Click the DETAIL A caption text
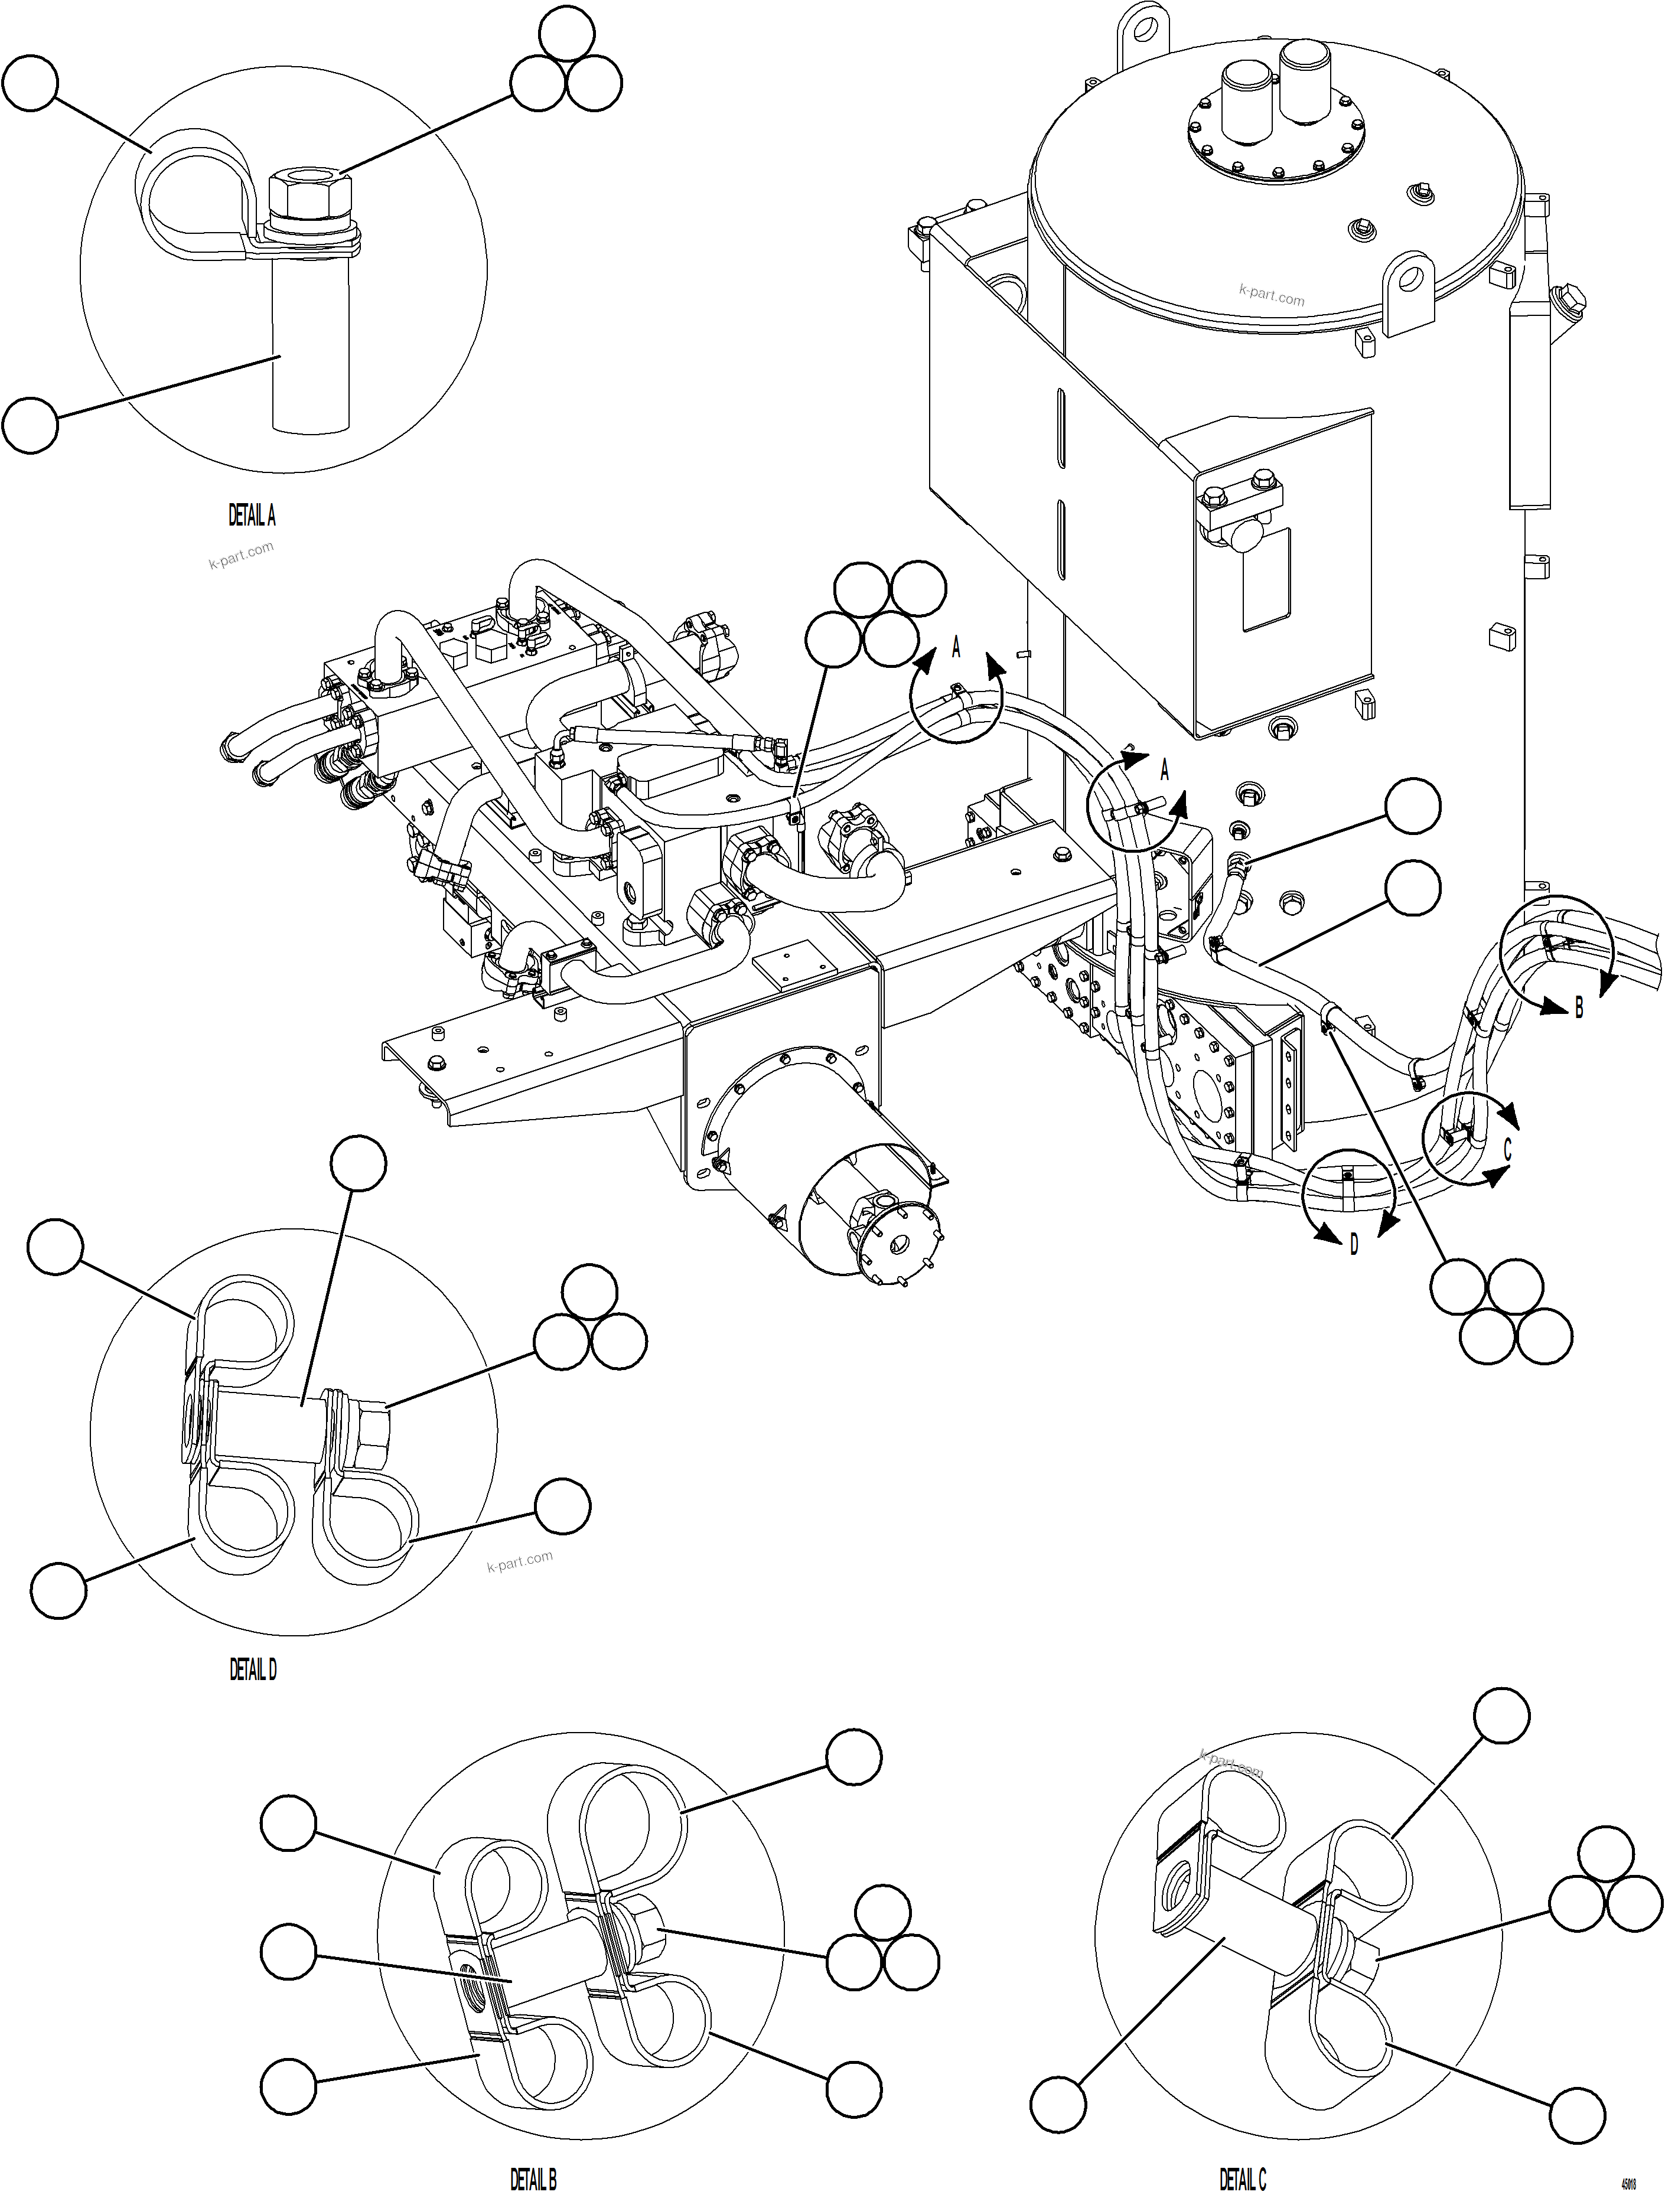pos(252,516)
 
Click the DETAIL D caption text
pos(253,1671)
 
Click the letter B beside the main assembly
pos(1579,1009)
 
